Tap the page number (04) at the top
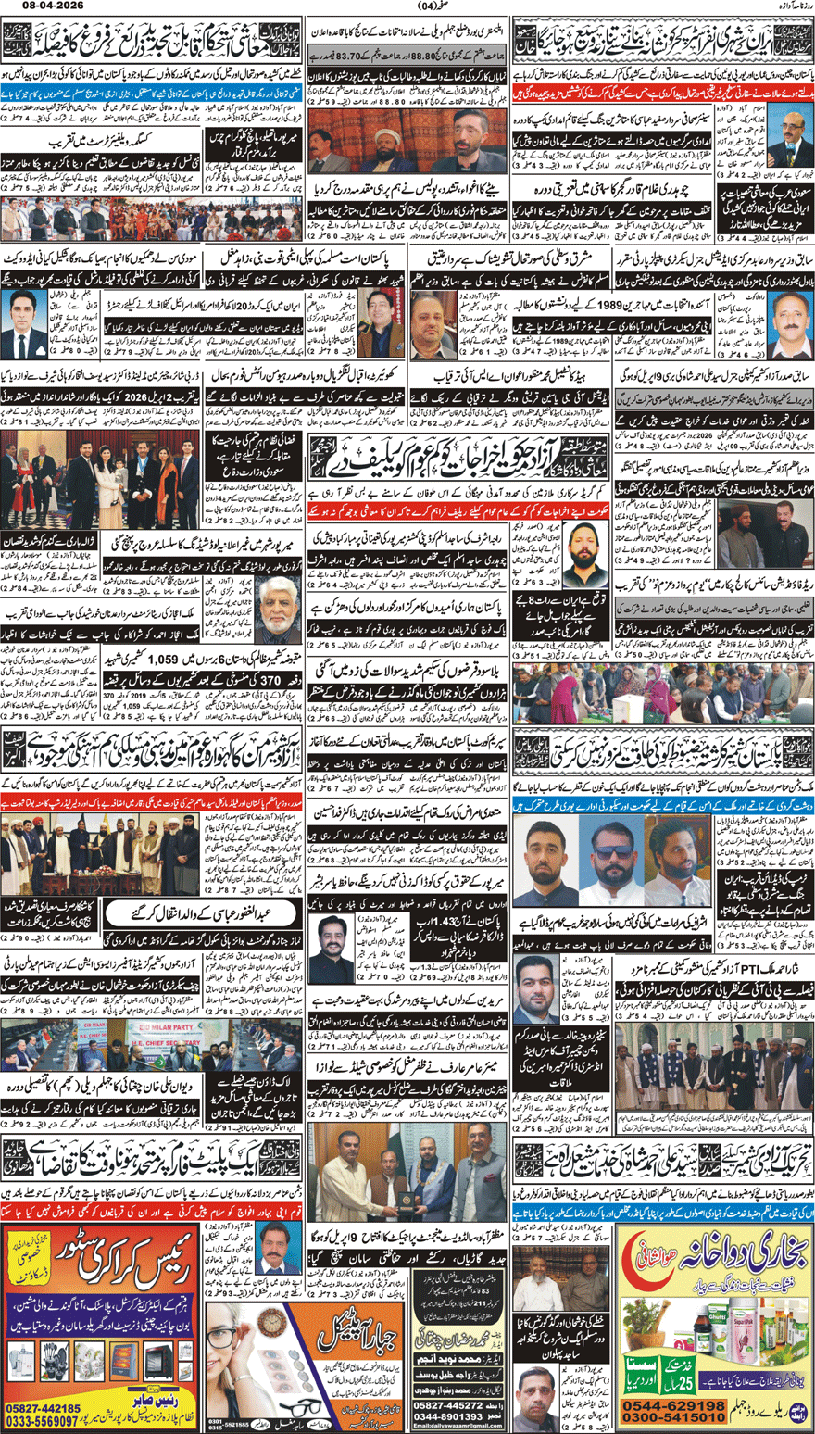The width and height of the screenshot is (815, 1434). pyautogui.click(x=408, y=8)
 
